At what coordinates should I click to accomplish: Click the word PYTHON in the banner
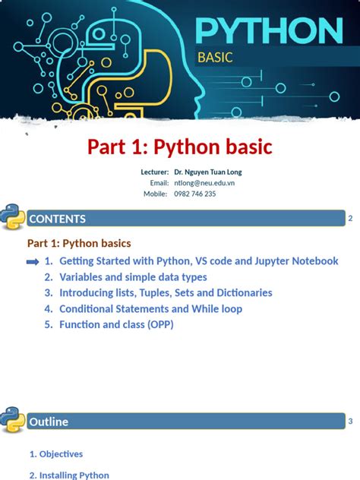pyautogui.click(x=267, y=32)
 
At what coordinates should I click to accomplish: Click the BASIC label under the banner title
pyautogui.click(x=215, y=58)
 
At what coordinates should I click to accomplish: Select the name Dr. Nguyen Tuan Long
pyautogui.click(x=208, y=172)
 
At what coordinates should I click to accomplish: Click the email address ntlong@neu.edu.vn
pyautogui.click(x=204, y=183)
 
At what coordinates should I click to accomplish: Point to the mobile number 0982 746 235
pyautogui.click(x=195, y=194)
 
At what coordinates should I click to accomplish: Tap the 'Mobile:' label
pyautogui.click(x=155, y=194)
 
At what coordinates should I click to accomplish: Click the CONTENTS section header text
pyautogui.click(x=57, y=219)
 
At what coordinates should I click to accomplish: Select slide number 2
pyautogui.click(x=350, y=219)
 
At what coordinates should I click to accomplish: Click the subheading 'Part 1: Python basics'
pyautogui.click(x=79, y=244)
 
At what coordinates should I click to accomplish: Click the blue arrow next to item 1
pyautogui.click(x=33, y=261)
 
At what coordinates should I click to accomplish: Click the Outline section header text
pyautogui.click(x=49, y=422)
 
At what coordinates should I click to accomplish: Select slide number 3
pyautogui.click(x=350, y=421)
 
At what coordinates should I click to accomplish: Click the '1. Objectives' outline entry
pyautogui.click(x=56, y=454)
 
